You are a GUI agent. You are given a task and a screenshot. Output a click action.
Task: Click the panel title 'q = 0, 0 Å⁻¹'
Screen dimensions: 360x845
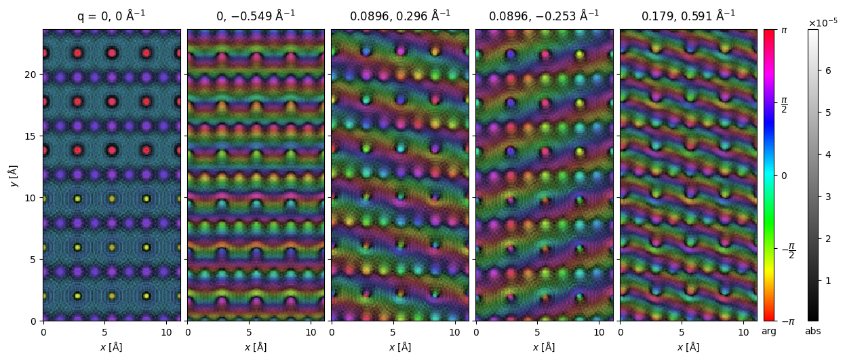112,16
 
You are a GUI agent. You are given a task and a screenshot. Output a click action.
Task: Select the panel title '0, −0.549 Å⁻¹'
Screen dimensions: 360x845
256,16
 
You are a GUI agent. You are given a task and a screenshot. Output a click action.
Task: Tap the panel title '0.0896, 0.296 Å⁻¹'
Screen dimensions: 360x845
400,16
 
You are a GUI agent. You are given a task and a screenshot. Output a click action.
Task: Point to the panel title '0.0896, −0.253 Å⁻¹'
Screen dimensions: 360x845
544,16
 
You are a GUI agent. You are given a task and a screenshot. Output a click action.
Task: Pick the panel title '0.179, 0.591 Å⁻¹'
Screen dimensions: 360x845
688,16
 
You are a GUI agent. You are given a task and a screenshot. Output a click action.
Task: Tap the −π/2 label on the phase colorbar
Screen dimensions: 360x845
787,248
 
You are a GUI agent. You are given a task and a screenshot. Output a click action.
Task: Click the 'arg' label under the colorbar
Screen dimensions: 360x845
769,332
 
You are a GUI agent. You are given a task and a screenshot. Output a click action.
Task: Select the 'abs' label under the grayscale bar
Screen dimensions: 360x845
813,332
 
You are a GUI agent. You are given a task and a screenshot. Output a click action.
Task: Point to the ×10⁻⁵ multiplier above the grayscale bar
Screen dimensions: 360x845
823,22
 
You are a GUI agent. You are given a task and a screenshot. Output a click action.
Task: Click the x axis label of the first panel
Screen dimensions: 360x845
112,347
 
